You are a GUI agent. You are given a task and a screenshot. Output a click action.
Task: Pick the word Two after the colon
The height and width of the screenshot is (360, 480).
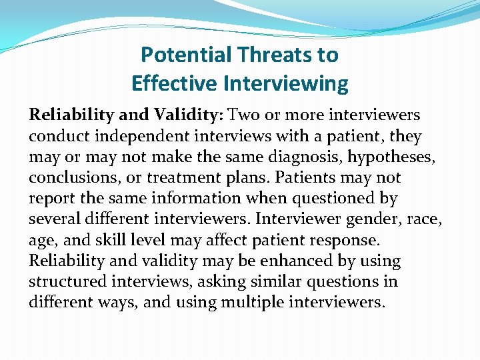[x=243, y=115]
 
